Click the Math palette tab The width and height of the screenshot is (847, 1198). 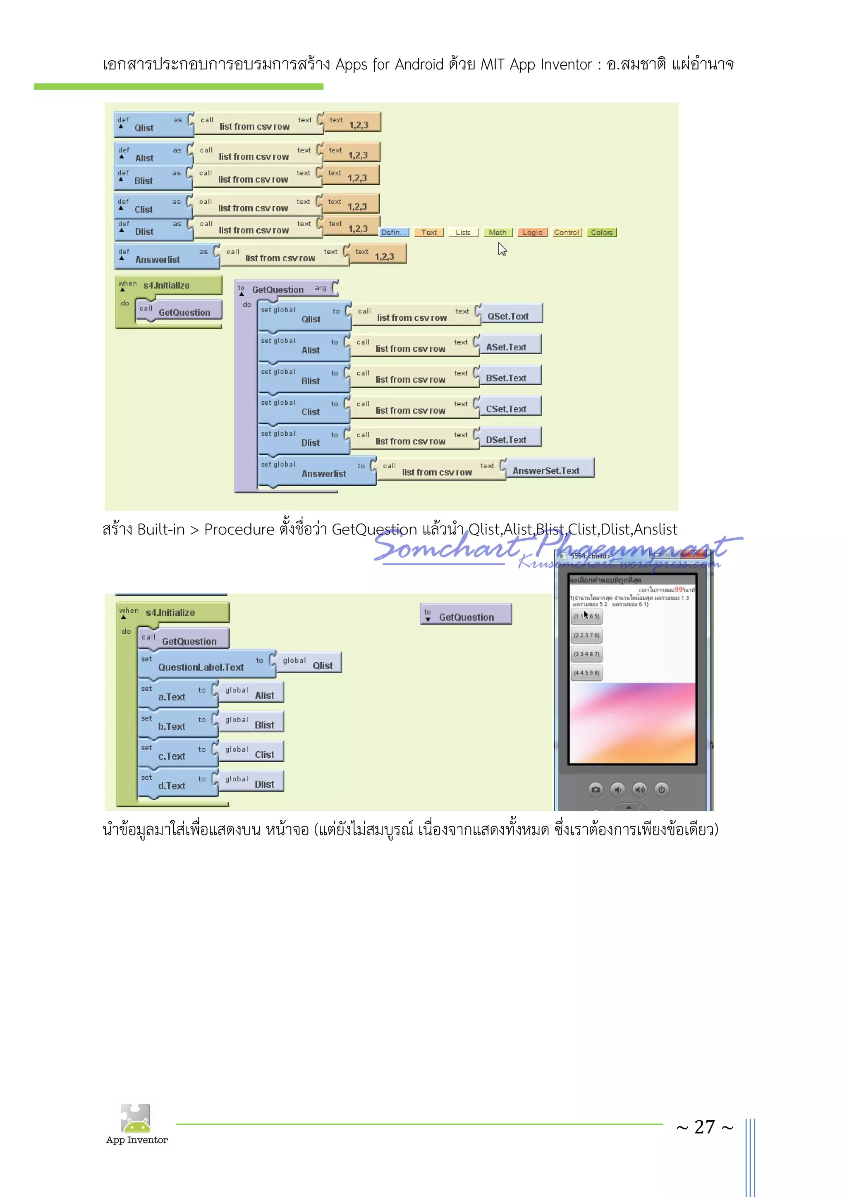tap(498, 233)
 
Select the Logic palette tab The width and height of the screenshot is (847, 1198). tap(532, 233)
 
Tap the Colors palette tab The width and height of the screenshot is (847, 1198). tap(602, 233)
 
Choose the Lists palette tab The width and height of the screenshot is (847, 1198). tap(463, 233)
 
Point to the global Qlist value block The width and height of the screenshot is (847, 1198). tap(309, 663)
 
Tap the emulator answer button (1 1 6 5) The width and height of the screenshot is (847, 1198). tap(586, 617)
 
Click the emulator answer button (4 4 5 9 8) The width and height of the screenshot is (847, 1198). tap(586, 673)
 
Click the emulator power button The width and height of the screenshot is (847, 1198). tap(661, 790)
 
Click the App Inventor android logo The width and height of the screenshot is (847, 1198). tap(136, 1118)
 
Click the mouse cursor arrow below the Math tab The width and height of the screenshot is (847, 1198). tap(502, 251)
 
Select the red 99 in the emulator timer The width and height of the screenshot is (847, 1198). tap(678, 589)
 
